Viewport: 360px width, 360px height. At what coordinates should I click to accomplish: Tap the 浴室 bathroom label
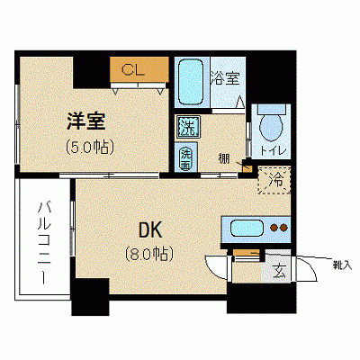pyautogui.click(x=224, y=77)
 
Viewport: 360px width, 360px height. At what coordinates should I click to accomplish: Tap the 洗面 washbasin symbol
pyautogui.click(x=185, y=157)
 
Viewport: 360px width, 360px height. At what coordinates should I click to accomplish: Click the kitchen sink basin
pyautogui.click(x=243, y=229)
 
